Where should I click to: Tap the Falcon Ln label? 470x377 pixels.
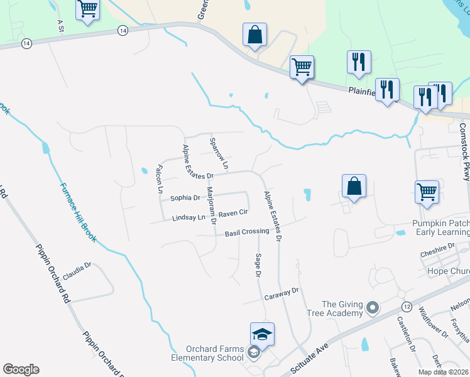[x=160, y=178]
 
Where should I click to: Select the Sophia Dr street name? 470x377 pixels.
[x=185, y=198]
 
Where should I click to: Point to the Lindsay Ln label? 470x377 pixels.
[x=189, y=218]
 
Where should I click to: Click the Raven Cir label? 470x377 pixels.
[x=235, y=214]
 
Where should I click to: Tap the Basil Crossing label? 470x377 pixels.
[x=247, y=232]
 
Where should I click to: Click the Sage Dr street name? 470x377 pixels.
[x=258, y=264]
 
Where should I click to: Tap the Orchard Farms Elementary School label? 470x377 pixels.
[x=215, y=353]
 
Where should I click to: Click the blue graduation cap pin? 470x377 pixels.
[x=262, y=334]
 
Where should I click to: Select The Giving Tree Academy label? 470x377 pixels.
[x=343, y=309]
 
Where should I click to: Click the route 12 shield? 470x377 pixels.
[x=407, y=306]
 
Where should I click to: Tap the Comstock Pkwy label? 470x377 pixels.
[x=464, y=151]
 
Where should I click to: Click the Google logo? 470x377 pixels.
[x=21, y=369]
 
